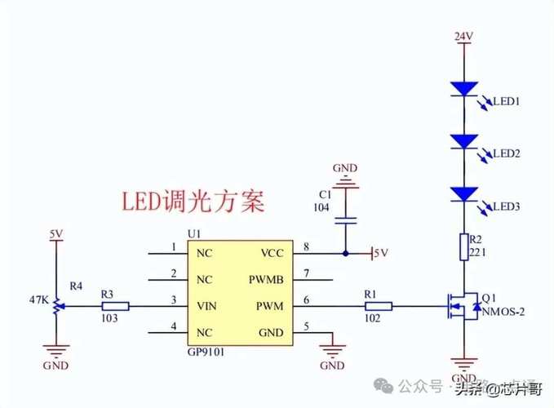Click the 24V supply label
click(x=463, y=36)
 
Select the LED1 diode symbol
click(x=463, y=89)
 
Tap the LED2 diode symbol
click(x=463, y=141)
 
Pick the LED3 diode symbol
click(x=463, y=193)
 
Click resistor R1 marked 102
click(x=379, y=307)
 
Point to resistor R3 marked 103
click(x=113, y=307)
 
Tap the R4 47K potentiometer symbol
click(x=56, y=308)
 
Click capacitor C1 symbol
click(x=346, y=220)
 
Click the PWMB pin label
click(x=266, y=280)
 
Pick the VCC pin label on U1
click(x=273, y=253)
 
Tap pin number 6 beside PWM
click(x=305, y=301)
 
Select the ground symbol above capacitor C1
click(x=346, y=181)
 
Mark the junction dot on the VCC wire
click(x=346, y=253)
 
